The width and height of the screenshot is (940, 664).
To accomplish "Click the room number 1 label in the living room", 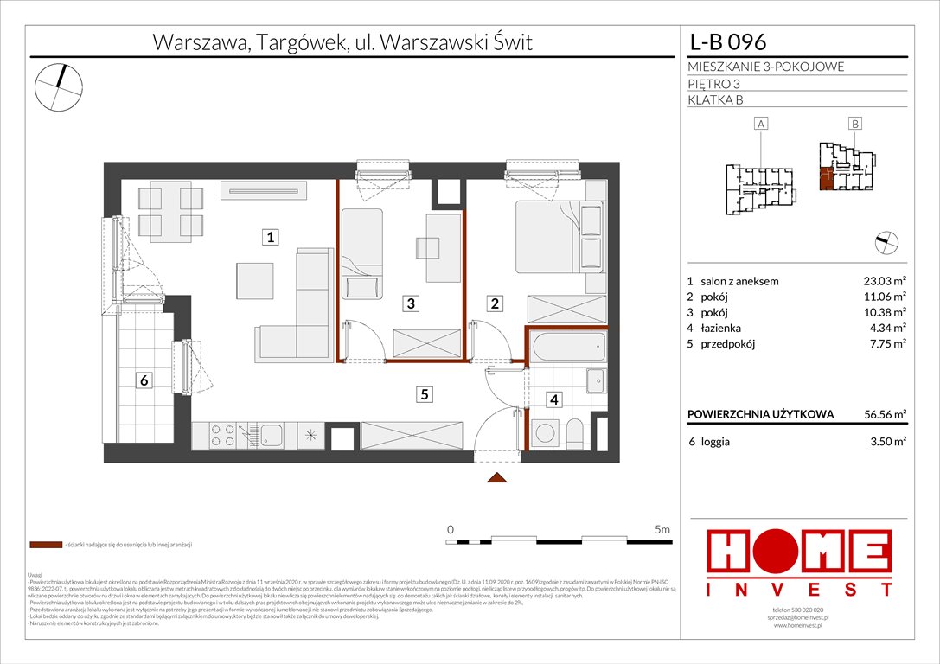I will coord(271,236).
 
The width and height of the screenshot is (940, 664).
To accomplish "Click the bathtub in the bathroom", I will coord(566,350).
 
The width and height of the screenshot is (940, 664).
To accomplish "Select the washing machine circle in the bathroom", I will coord(544,433).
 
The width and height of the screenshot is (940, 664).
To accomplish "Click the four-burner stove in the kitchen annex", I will coord(224,436).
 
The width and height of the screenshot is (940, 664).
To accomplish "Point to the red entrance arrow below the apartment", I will coord(496,477).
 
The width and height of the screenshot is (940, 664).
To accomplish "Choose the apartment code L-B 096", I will coord(727,42).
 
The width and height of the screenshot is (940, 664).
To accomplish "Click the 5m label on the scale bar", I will coord(662,529).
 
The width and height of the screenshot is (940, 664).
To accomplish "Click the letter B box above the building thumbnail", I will coord(854,124).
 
